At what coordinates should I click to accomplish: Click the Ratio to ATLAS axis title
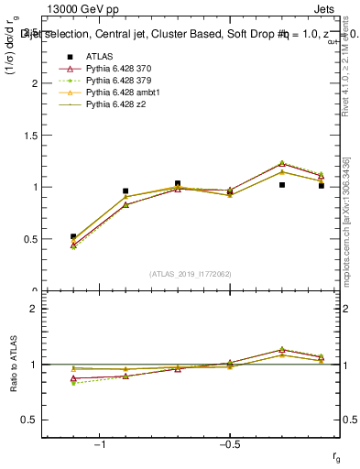point(14,364)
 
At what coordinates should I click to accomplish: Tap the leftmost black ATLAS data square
point(73,236)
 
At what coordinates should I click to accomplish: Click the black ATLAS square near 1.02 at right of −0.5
point(282,185)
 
